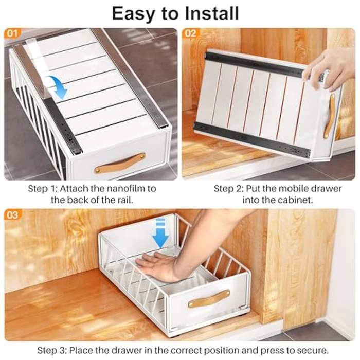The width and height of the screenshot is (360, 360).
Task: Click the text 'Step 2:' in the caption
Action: tap(227, 189)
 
